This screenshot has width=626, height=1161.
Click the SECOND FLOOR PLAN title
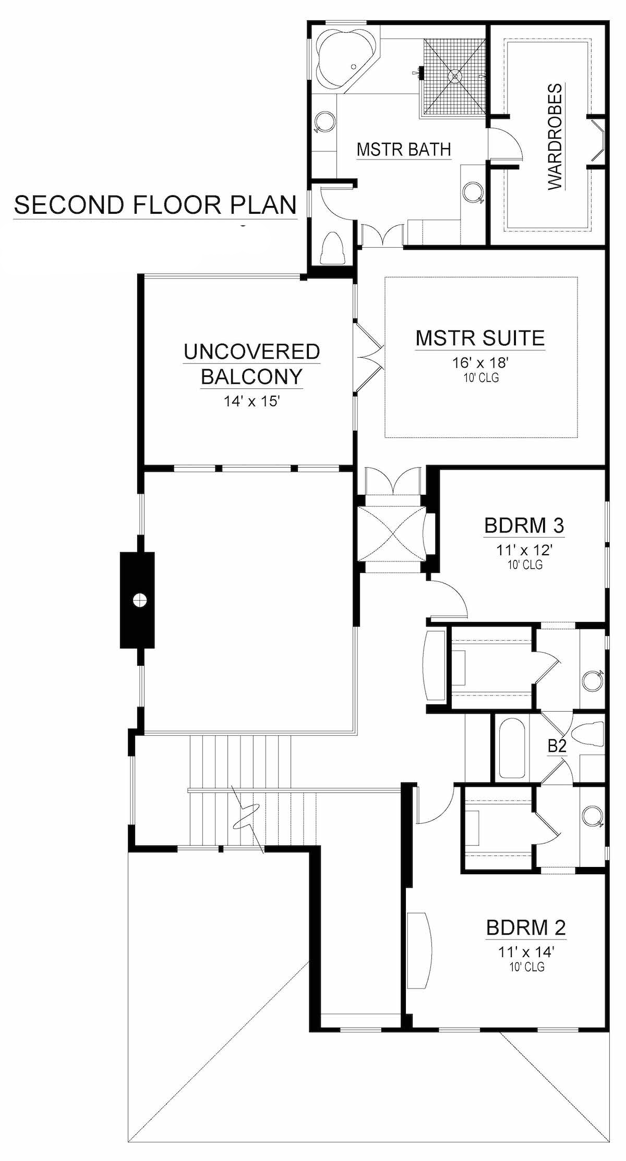click(x=155, y=205)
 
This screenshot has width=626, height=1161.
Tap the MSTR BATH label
click(x=404, y=150)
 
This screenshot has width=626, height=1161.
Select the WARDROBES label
click(x=556, y=137)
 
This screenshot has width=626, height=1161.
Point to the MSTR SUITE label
click(x=480, y=338)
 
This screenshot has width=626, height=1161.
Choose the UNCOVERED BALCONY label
click(x=252, y=363)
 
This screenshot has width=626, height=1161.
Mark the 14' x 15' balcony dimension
click(x=252, y=402)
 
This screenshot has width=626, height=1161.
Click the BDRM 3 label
click(x=524, y=525)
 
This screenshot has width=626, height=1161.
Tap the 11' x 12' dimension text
click(x=524, y=549)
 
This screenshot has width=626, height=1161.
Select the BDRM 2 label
click(x=525, y=928)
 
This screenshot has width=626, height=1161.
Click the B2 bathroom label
click(x=557, y=747)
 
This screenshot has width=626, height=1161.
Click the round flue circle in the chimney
click(x=138, y=600)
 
